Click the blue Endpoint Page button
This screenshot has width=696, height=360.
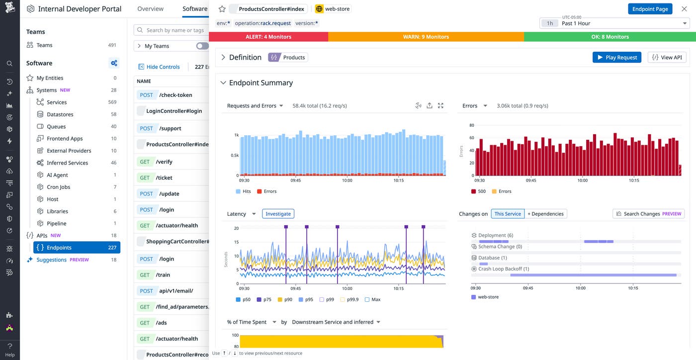point(650,9)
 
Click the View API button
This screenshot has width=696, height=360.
point(667,57)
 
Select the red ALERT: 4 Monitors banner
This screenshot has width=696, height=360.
point(268,37)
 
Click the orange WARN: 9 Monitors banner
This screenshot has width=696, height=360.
point(426,37)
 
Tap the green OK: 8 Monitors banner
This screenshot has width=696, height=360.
point(609,37)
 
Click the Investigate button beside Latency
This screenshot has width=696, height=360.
point(278,214)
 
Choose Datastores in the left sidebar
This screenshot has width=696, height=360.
point(60,114)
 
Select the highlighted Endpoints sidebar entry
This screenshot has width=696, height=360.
point(77,248)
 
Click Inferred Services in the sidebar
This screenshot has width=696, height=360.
point(67,163)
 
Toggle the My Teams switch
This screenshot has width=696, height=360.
point(202,46)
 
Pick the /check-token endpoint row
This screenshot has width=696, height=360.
point(171,95)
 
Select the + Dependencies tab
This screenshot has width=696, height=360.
point(545,214)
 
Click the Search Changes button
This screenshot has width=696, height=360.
point(648,214)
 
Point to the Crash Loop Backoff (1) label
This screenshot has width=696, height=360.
point(503,269)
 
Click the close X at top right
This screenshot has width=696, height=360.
point(684,9)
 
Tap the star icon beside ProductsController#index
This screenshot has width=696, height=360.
point(222,9)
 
